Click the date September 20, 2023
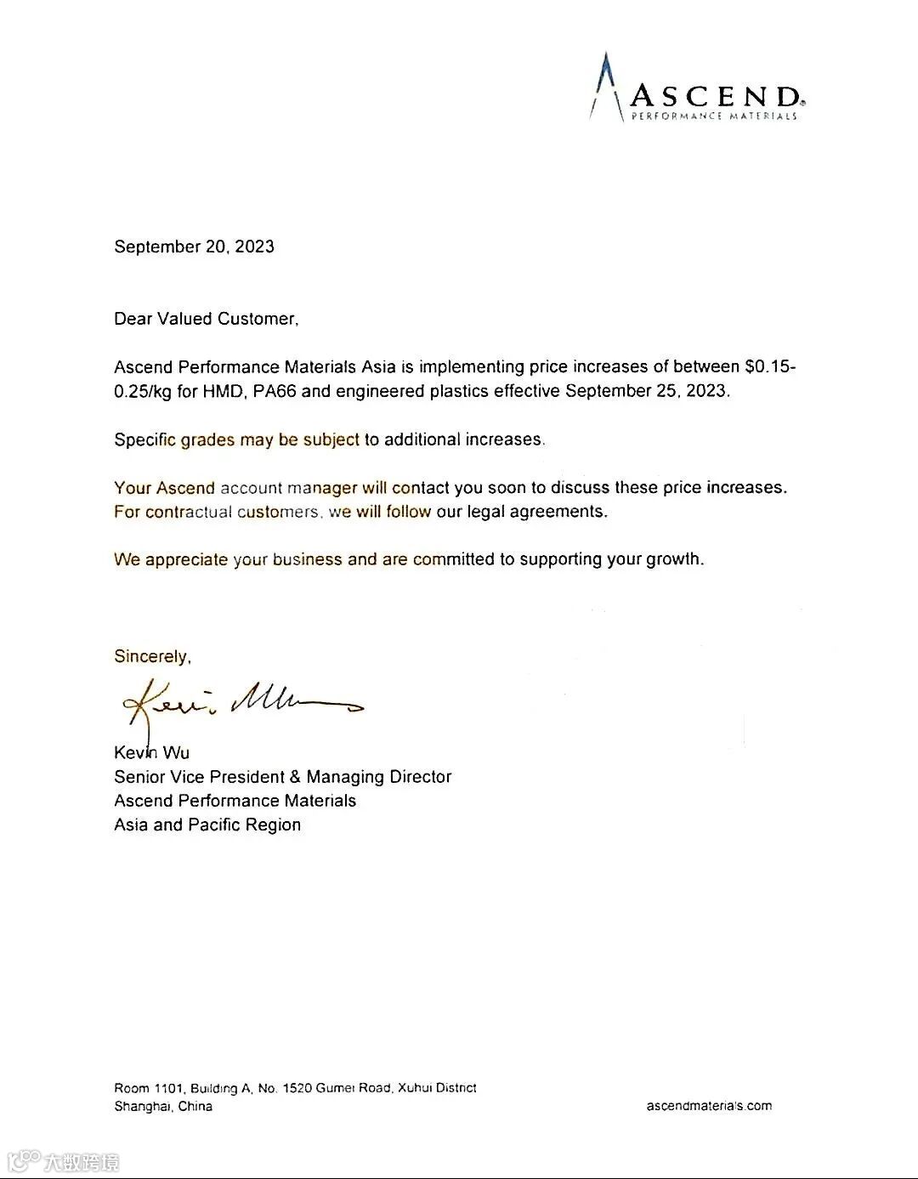click(x=194, y=247)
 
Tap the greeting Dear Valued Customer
click(x=206, y=319)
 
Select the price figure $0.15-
click(x=770, y=367)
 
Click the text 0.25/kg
click(x=143, y=391)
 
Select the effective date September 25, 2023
click(x=647, y=391)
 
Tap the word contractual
click(x=188, y=512)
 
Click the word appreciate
click(x=186, y=559)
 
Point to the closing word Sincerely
click(x=152, y=656)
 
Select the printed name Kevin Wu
click(x=152, y=752)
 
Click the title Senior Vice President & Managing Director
click(x=283, y=776)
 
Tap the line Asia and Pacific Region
click(x=207, y=825)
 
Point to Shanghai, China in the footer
click(x=163, y=1107)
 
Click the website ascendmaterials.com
click(x=709, y=1106)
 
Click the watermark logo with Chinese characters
click(x=64, y=1161)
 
